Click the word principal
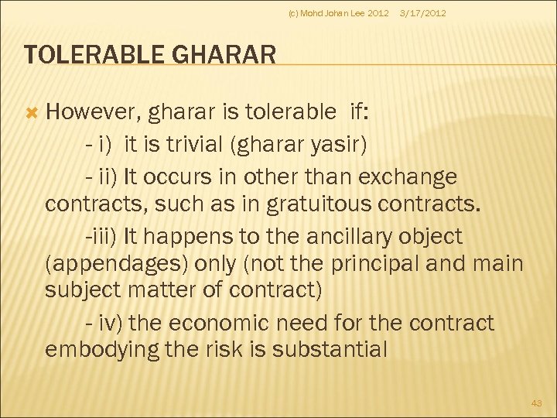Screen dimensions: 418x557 point(374,264)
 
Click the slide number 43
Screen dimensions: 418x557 point(537,403)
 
